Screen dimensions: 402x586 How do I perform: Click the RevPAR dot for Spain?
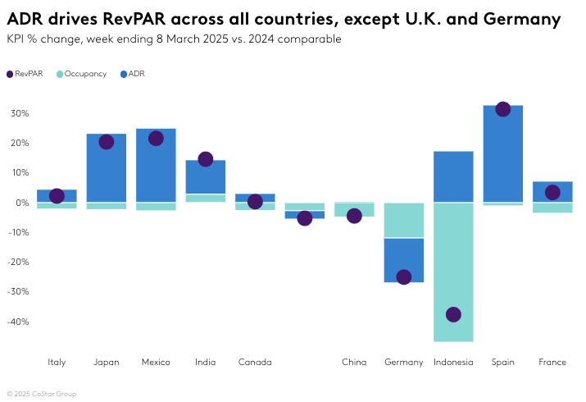pos(503,109)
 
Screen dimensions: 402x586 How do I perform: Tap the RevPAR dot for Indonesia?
pos(453,314)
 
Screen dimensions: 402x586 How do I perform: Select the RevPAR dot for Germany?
pos(403,277)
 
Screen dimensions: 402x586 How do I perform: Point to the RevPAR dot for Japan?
pos(106,142)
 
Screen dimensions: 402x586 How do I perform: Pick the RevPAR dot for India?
pos(205,159)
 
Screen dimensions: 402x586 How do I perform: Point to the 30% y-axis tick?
pos(19,113)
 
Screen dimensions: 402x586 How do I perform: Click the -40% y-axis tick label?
pos(18,322)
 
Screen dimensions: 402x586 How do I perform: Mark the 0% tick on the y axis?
pos(22,203)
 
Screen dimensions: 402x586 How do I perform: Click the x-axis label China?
pos(354,362)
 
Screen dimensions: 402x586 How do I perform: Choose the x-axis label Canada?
pos(254,362)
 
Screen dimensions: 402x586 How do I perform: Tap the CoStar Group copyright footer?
pos(43,394)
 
